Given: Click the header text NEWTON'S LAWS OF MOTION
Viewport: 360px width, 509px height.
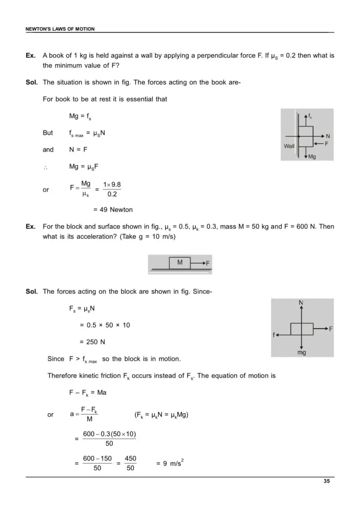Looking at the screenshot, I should pos(60,29).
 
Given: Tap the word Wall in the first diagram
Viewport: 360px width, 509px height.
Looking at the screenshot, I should pos(289,146).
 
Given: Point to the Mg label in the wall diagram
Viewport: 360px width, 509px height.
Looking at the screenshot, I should pos(312,157).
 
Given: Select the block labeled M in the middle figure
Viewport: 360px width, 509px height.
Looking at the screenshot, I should pos(180,262).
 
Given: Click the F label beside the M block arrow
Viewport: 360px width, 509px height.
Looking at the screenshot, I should pos(207,263).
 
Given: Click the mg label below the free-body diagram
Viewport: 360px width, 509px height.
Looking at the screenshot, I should pos(301,352).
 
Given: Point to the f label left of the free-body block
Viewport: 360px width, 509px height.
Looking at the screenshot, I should pos(273,335).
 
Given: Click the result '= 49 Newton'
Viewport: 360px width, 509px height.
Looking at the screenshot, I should pos(113,209).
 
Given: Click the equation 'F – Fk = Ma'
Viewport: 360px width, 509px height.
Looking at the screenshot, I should pos(88,393).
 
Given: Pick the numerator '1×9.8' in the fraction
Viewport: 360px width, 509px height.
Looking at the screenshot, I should pos(112,184).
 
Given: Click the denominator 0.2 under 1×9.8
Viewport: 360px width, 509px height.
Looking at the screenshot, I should pos(112,194).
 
